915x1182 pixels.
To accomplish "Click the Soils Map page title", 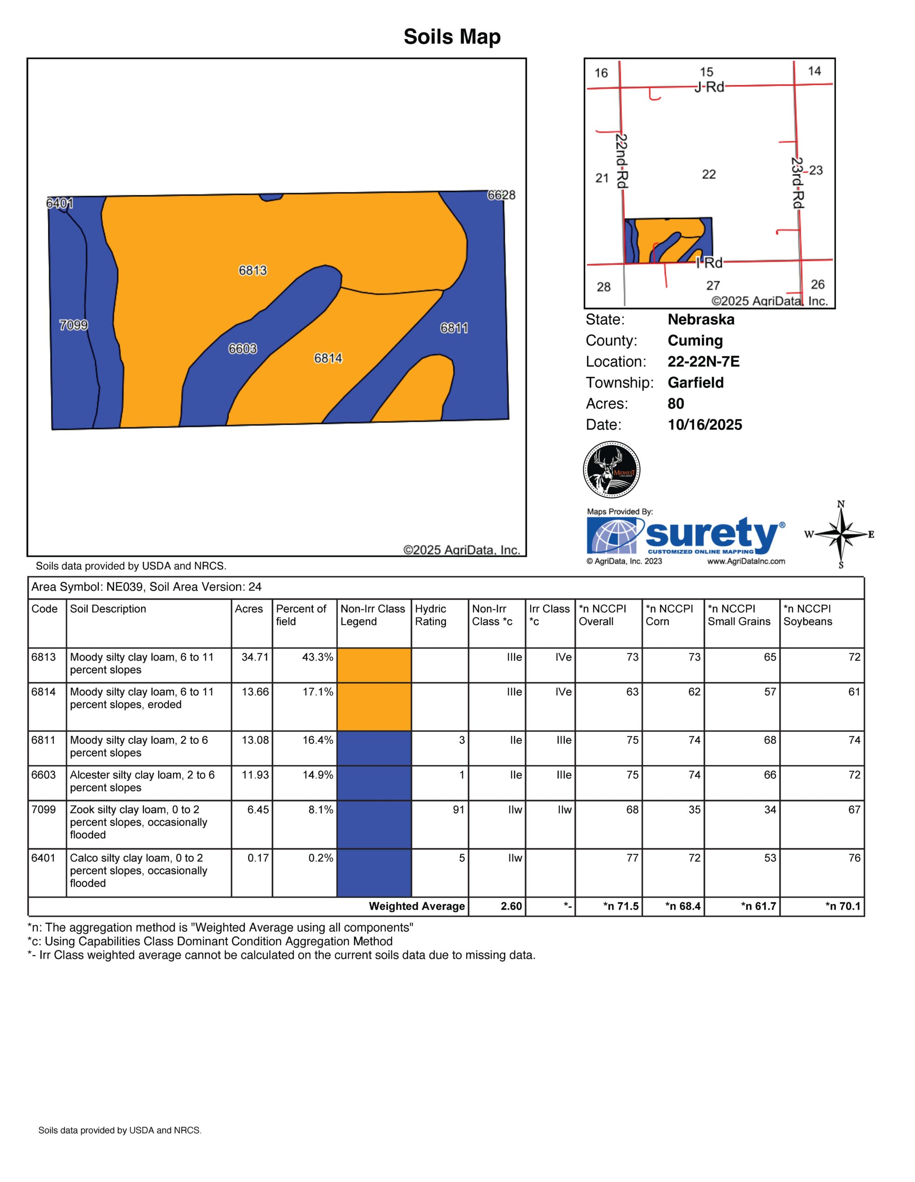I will pyautogui.click(x=452, y=37).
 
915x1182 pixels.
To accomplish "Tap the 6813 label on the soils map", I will pyautogui.click(x=252, y=270).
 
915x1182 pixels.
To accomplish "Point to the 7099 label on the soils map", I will pyautogui.click(x=73, y=325).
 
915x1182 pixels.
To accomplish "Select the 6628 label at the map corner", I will pyautogui.click(x=501, y=195).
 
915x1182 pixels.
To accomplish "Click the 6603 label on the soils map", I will pyautogui.click(x=242, y=349).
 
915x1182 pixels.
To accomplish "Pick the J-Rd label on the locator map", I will pyautogui.click(x=709, y=87).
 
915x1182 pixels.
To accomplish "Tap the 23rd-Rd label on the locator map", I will pyautogui.click(x=797, y=182).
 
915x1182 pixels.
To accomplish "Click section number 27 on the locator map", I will pyautogui.click(x=713, y=285).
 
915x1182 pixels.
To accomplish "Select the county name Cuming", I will pyautogui.click(x=695, y=340).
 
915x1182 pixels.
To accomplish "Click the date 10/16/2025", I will pyautogui.click(x=705, y=425).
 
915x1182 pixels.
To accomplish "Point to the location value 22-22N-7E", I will pyautogui.click(x=703, y=362).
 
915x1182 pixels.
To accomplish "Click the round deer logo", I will pyautogui.click(x=612, y=469).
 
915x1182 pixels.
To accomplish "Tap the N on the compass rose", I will pyautogui.click(x=841, y=504).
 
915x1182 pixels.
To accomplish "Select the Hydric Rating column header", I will pyautogui.click(x=431, y=615).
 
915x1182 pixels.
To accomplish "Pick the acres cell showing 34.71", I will pyautogui.click(x=255, y=657).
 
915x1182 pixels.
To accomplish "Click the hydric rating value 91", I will pyautogui.click(x=459, y=810).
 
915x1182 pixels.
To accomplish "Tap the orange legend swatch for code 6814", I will pyautogui.click(x=374, y=707).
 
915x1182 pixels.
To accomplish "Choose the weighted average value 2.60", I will pyautogui.click(x=511, y=906).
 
